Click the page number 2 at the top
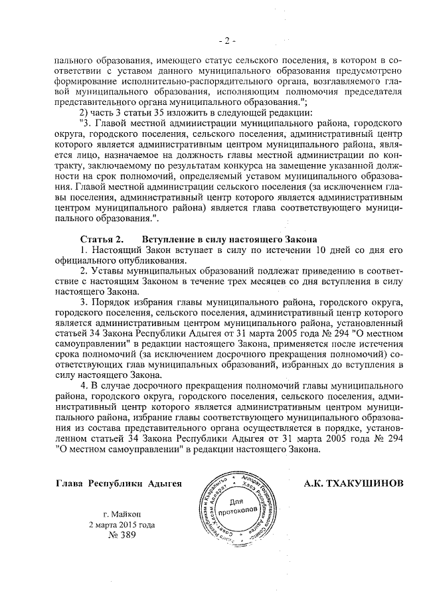226,42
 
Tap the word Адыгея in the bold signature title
163,483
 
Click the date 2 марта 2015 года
122,525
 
